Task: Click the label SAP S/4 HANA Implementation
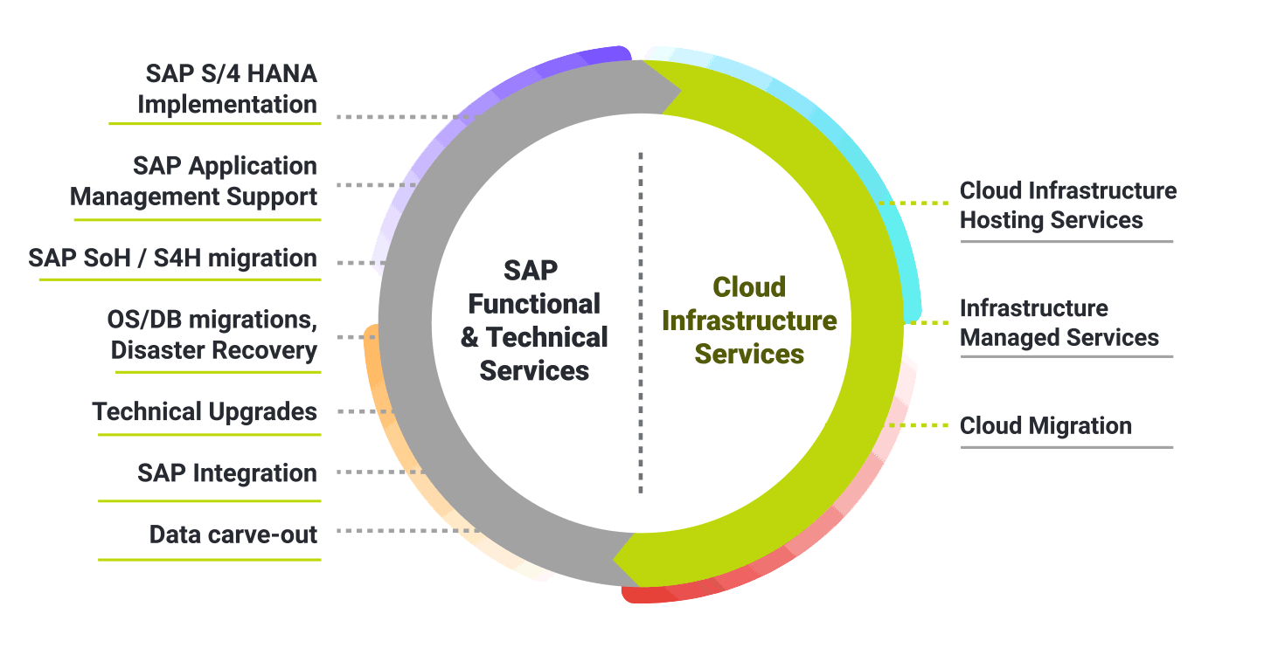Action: (x=226, y=89)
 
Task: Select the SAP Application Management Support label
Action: (x=194, y=182)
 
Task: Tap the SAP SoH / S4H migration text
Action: (x=172, y=259)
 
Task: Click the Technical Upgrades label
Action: (x=205, y=411)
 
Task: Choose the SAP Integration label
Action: (x=227, y=473)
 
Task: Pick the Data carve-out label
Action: (x=233, y=534)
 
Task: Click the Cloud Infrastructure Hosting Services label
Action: (x=1067, y=205)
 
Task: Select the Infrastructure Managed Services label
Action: (x=1059, y=323)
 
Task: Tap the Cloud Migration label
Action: (x=1045, y=426)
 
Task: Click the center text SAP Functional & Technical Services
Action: (x=534, y=321)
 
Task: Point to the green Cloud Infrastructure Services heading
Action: (x=749, y=321)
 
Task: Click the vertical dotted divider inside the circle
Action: (x=641, y=323)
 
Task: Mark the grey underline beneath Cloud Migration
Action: (x=1066, y=447)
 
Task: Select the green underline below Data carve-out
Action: (x=209, y=559)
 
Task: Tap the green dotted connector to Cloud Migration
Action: (x=920, y=426)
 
